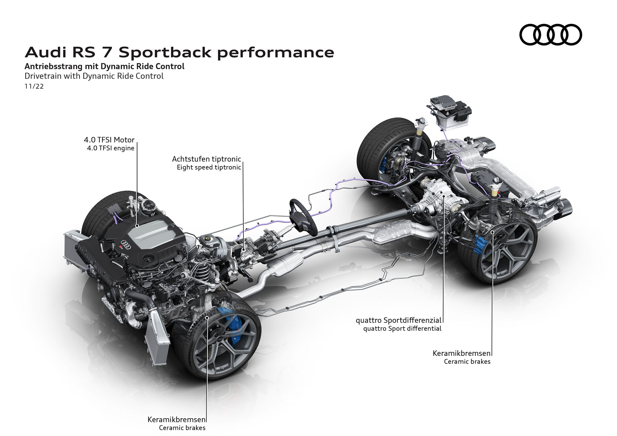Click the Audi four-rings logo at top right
pos(551,35)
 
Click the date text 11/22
pos(34,86)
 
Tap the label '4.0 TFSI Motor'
pos(109,140)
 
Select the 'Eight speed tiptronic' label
pos(209,167)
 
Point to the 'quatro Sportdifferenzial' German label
pos(399,321)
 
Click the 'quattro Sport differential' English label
pos(402,329)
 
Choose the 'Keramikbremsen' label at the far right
pos(462,353)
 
